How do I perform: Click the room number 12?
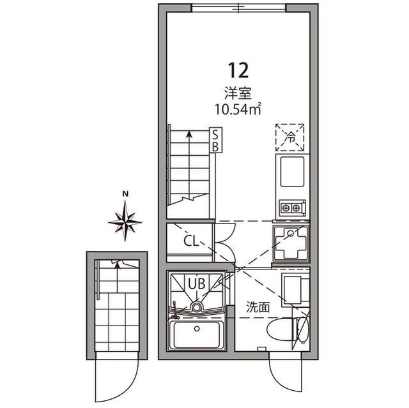pyautogui.click(x=238, y=71)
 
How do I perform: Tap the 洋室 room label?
pyautogui.click(x=238, y=93)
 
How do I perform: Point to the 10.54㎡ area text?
pyautogui.click(x=238, y=109)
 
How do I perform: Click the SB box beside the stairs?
pyautogui.click(x=216, y=140)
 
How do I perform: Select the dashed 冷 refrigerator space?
pyautogui.click(x=289, y=137)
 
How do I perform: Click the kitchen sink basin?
pyautogui.click(x=292, y=172)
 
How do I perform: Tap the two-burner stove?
pyautogui.click(x=291, y=208)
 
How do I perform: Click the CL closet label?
pyautogui.click(x=191, y=241)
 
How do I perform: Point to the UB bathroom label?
pyautogui.click(x=197, y=283)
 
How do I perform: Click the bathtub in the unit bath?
pyautogui.click(x=197, y=335)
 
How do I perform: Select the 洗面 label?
pyautogui.click(x=258, y=308)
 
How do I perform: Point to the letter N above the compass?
pyautogui.click(x=125, y=194)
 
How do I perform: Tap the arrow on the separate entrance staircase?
pyautogui.click(x=118, y=277)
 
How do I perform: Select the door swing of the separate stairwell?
pyautogui.click(x=116, y=381)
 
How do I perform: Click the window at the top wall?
pyautogui.click(x=239, y=8)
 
